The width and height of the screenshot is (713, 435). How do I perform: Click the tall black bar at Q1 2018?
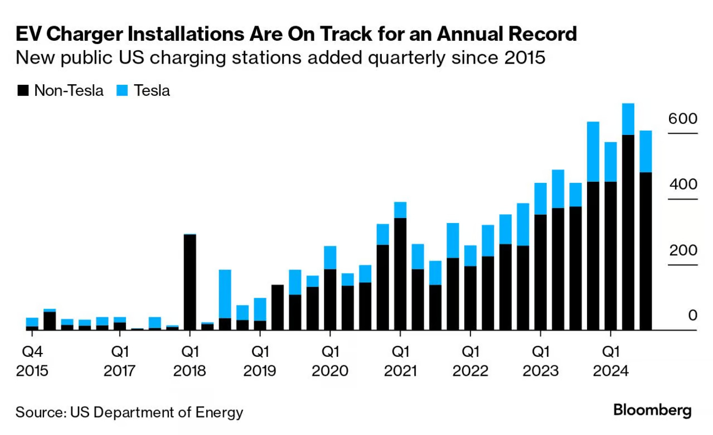pos(190,282)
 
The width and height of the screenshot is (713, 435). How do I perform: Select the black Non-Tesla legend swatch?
pos(23,91)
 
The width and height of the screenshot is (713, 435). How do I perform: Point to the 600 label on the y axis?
pos(682,119)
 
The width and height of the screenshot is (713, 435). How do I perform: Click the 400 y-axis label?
pos(682,185)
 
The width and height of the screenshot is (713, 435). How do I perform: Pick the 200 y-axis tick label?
pos(682,250)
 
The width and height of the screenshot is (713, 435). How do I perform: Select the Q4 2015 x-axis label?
pos(32,361)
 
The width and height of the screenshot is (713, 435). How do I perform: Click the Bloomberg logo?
pos(652,411)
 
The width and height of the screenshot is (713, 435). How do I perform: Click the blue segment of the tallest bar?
pos(628,119)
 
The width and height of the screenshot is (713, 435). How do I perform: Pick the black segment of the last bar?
pos(646,251)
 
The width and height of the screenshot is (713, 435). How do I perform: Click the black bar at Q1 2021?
pos(400,274)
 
